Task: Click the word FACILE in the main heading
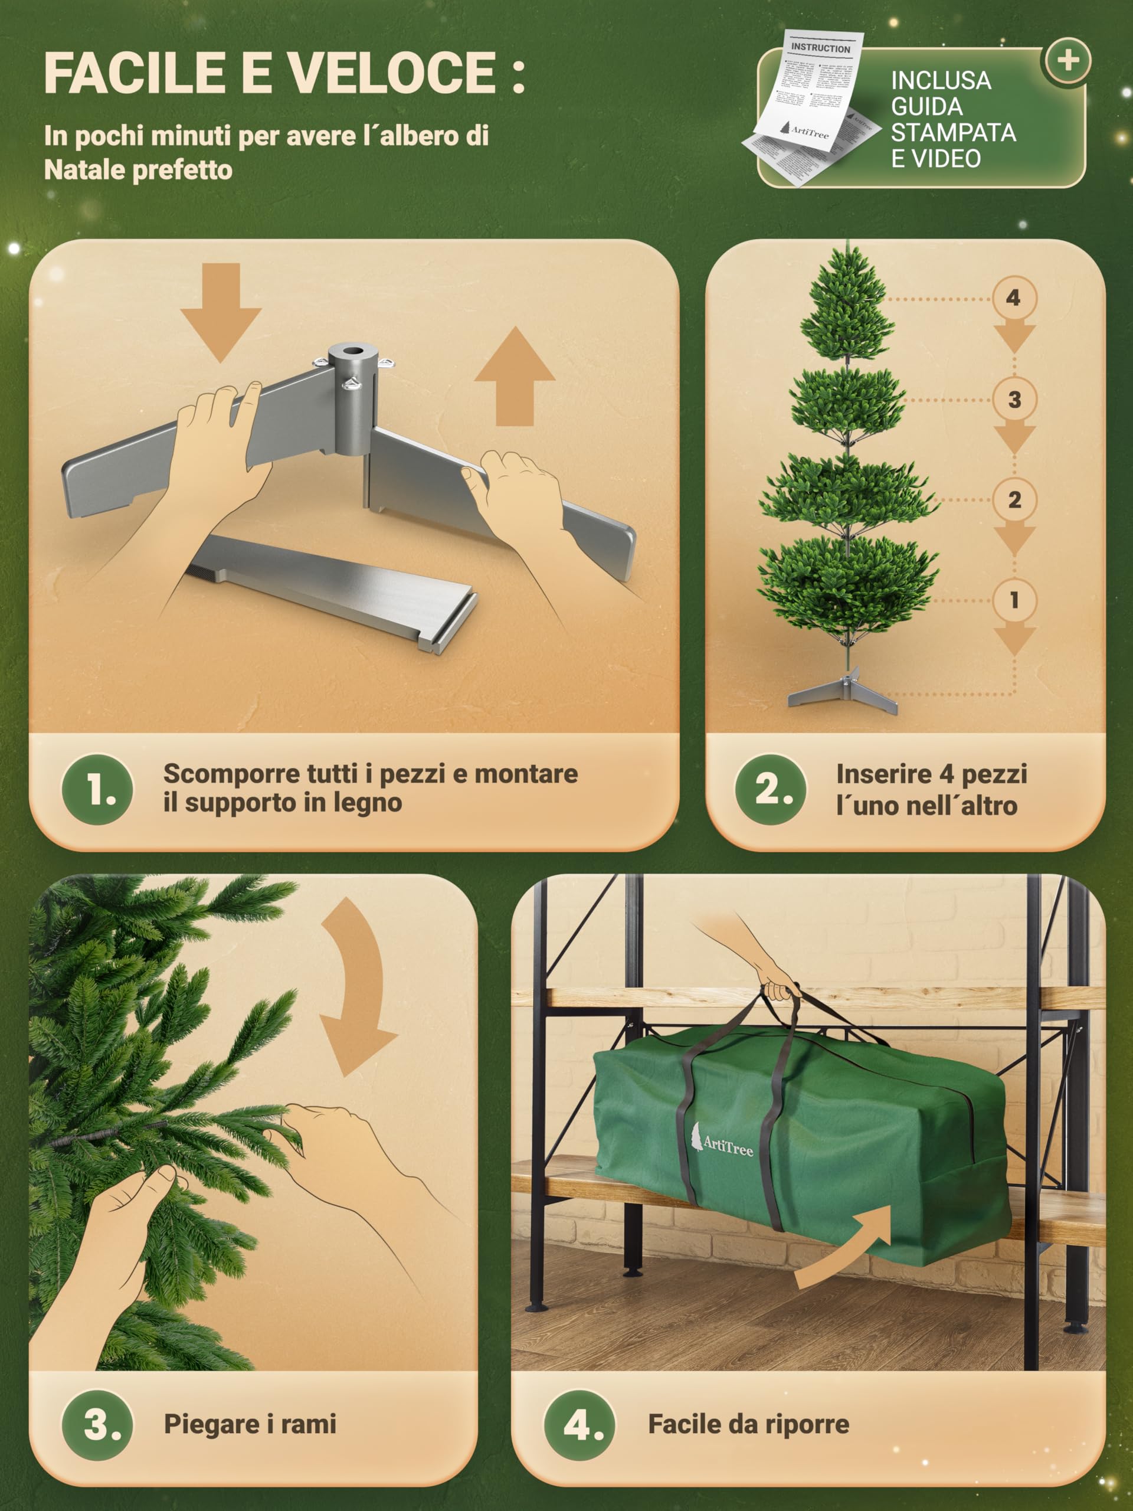pos(133,73)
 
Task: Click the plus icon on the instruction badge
pos(1067,61)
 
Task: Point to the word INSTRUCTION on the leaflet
pos(820,48)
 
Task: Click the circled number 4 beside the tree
pos(1013,298)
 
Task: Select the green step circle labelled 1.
pos(97,790)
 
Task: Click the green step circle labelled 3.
pos(97,1425)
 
